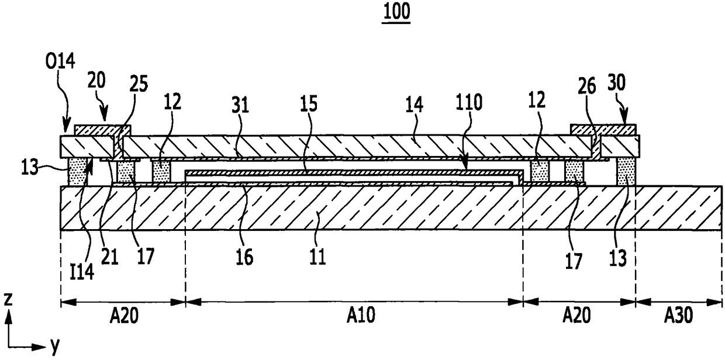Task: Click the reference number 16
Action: tap(246, 258)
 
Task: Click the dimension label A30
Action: tap(678, 316)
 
